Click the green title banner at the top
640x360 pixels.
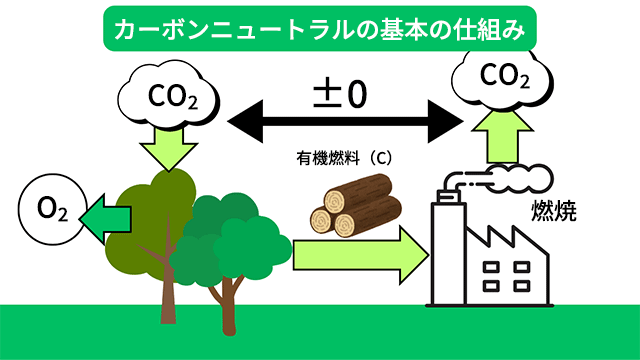tap(319, 27)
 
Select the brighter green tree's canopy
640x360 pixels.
tap(235, 235)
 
